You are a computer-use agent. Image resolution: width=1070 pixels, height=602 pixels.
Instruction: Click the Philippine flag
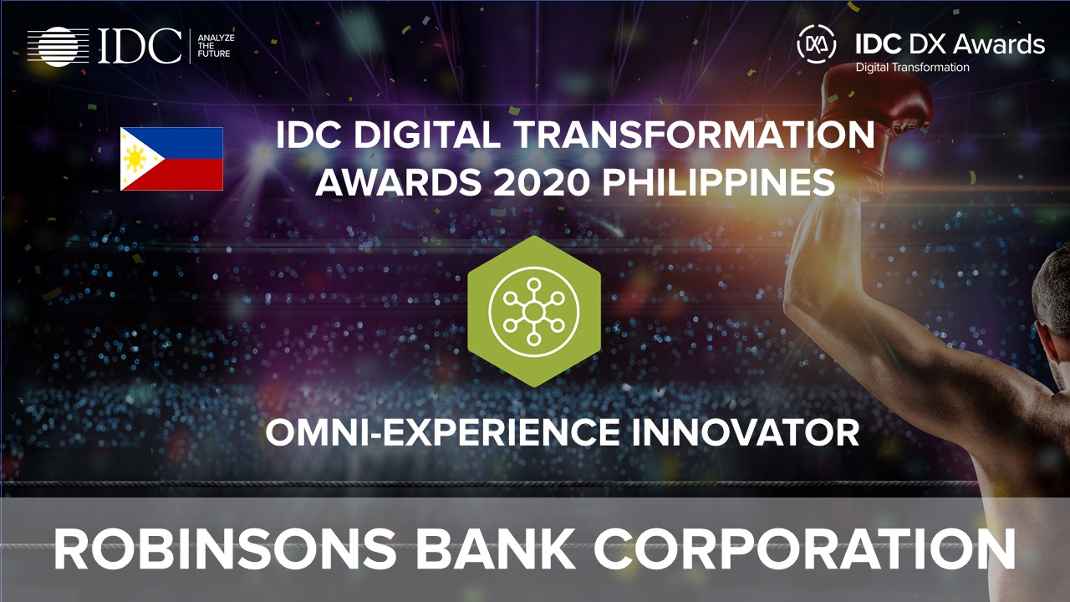[171, 159]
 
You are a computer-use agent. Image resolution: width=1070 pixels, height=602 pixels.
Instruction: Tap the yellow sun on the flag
[135, 159]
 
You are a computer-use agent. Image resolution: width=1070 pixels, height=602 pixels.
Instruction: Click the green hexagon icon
[534, 311]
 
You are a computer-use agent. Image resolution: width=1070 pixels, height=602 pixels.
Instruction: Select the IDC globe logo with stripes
[59, 46]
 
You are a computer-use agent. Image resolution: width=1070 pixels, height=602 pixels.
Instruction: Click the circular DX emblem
[817, 44]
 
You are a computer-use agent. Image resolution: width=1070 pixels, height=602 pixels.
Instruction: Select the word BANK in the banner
[495, 549]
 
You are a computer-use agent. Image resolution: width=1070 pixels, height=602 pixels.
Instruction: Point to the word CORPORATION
[805, 549]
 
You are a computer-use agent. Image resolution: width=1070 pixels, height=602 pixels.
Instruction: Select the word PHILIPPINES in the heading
[719, 182]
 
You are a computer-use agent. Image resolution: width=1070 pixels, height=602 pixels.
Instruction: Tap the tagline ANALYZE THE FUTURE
[216, 46]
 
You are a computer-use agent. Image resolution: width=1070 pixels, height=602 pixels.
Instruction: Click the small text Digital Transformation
[912, 68]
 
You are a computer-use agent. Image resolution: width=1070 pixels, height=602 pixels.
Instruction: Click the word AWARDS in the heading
[399, 182]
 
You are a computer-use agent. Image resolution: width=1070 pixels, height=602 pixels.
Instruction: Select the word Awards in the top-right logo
[998, 44]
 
